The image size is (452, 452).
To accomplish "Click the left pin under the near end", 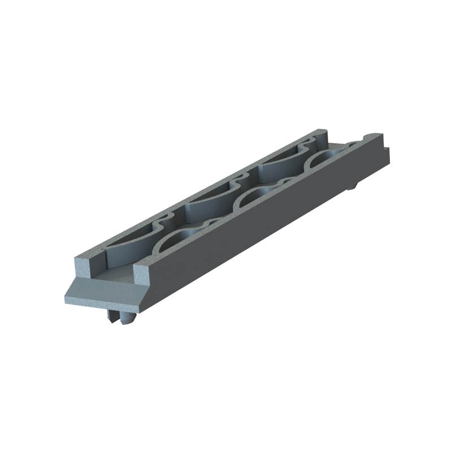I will (x=111, y=317).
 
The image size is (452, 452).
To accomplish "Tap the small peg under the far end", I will (x=351, y=186).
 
